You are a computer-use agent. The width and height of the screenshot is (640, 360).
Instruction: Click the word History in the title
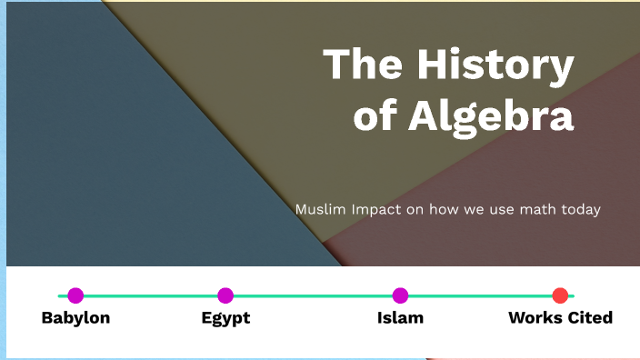click(x=495, y=66)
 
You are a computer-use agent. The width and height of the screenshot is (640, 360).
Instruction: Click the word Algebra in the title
click(x=490, y=116)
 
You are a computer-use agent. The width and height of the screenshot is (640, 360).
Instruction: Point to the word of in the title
click(x=374, y=116)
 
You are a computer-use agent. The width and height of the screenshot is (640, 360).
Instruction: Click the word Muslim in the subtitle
click(x=315, y=209)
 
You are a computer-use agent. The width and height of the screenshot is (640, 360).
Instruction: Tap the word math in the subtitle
click(x=532, y=209)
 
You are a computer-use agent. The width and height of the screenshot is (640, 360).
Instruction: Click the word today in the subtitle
click(x=579, y=209)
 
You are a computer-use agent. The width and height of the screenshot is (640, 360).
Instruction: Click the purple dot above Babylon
click(x=75, y=295)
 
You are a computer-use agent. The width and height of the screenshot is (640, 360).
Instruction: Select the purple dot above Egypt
click(x=225, y=295)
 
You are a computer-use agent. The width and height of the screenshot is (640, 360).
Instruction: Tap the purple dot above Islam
click(x=400, y=295)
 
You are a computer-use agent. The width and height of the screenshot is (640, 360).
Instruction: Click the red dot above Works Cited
click(x=560, y=295)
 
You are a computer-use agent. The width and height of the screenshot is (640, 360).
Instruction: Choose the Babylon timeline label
click(x=75, y=318)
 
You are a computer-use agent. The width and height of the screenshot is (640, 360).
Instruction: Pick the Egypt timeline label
click(x=225, y=318)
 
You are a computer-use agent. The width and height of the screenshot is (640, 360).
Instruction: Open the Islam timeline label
click(x=400, y=318)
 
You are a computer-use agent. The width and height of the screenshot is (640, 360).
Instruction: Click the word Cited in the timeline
click(x=590, y=318)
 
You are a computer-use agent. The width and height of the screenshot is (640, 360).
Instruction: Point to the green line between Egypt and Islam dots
click(x=313, y=295)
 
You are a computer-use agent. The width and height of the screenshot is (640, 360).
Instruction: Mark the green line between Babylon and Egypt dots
click(x=150, y=295)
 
